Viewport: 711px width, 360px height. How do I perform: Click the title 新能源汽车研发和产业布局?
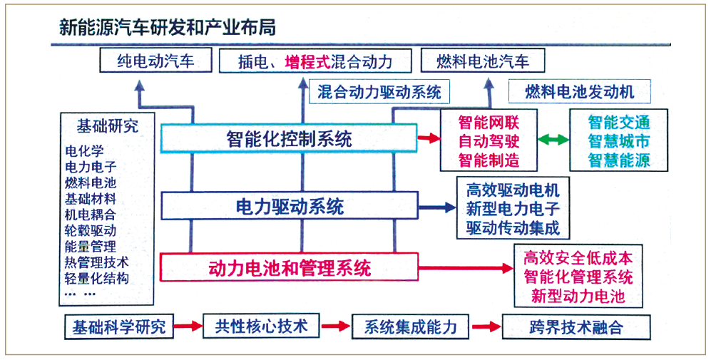pyautogui.click(x=167, y=28)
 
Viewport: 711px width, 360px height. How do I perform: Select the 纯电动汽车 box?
pyautogui.click(x=156, y=61)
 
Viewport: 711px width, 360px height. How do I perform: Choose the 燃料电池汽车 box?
pyautogui.click(x=483, y=61)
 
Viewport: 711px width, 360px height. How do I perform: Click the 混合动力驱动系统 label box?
pyautogui.click(x=379, y=92)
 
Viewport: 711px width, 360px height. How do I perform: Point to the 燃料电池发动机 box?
pyautogui.click(x=579, y=92)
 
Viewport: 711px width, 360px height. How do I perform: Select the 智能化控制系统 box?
pyautogui.click(x=289, y=138)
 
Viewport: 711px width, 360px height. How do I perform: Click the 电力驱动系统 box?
pyautogui.click(x=290, y=207)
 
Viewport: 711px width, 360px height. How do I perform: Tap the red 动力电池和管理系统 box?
pyautogui.click(x=289, y=267)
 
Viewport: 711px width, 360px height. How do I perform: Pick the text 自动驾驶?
pyautogui.click(x=489, y=141)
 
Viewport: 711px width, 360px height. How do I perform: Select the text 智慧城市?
pyautogui.click(x=619, y=141)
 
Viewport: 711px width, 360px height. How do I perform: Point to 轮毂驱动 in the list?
pyautogui.click(x=91, y=230)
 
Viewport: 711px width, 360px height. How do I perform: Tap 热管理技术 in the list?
pyautogui.click(x=97, y=262)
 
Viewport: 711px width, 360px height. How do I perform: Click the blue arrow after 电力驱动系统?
pyautogui.click(x=436, y=207)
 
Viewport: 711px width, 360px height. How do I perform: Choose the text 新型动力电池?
pyautogui.click(x=578, y=297)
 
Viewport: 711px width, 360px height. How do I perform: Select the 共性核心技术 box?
pyautogui.click(x=261, y=326)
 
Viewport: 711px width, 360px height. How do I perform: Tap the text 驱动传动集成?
pyautogui.click(x=513, y=227)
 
